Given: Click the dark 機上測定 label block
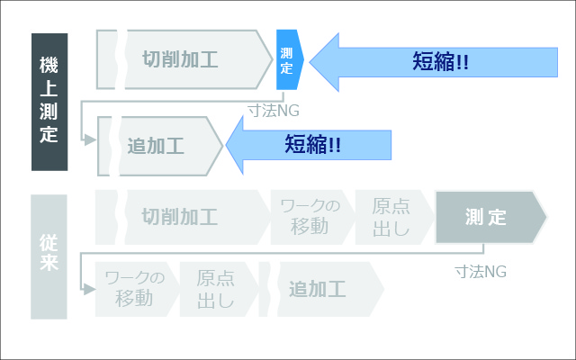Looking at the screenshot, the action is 49,102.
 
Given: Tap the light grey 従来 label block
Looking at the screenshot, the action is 49,256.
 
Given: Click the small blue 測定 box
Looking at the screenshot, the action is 290,59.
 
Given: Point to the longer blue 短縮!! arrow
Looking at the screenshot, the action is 434,62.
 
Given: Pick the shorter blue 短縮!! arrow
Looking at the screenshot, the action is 309,145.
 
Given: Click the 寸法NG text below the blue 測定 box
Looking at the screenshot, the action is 274,111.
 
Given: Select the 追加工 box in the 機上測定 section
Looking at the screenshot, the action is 160,146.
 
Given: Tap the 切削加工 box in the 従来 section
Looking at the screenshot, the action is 183,217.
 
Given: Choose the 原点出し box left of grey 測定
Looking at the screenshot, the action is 394,217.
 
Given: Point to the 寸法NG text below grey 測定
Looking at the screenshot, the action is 481,272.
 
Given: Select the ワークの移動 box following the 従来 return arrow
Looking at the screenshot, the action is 137,289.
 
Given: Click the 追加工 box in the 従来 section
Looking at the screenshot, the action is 321,289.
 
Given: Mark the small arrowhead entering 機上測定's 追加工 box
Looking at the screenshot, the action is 90,140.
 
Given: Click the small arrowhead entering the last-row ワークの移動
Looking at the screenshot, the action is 89,289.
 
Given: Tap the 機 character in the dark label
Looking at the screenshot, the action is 49,65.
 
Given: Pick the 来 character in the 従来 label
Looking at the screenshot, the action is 49,262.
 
